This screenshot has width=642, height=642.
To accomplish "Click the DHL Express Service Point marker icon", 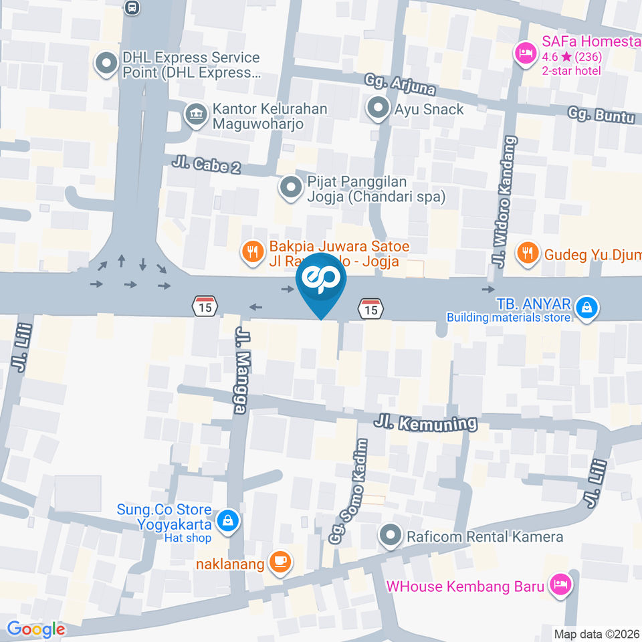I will (106, 65).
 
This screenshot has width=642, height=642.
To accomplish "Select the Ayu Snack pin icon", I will (379, 108).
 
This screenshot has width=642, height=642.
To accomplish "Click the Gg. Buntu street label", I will (601, 114).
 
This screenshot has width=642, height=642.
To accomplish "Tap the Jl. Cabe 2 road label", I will (206, 165).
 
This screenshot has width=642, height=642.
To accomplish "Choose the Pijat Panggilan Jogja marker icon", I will (290, 188).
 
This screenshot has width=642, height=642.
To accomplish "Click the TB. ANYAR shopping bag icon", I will (586, 308).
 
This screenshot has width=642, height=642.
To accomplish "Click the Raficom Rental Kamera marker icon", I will (389, 536).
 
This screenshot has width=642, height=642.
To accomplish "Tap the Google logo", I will (36, 629).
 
